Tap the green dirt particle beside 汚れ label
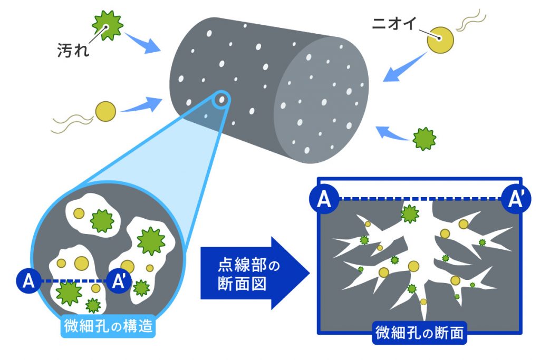[108, 24]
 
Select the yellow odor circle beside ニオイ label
[440, 40]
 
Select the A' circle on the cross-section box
[513, 199]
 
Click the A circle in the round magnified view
[30, 281]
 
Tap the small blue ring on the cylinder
[221, 99]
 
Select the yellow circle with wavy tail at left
[105, 111]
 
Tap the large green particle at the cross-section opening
[410, 213]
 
